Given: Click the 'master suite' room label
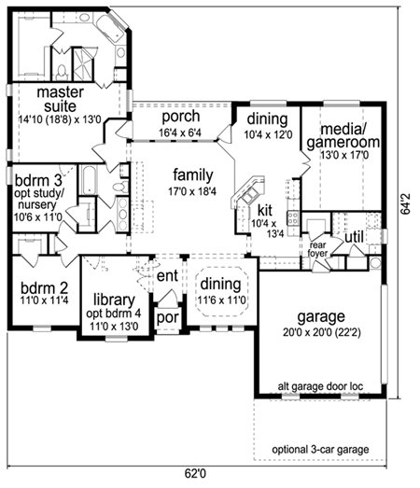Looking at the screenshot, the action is click(60, 99).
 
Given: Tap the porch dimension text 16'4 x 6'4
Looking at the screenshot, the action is click(180, 132).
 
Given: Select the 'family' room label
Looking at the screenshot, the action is click(193, 174).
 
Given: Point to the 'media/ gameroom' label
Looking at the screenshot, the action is click(343, 135).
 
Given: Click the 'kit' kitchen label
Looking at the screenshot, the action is click(265, 210).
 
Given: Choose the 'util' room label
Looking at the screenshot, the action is click(355, 237).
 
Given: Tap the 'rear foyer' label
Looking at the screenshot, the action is click(317, 249).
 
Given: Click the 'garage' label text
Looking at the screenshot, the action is click(321, 317).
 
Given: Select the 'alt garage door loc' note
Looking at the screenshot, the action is click(320, 386).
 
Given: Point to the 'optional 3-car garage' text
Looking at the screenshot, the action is click(320, 450).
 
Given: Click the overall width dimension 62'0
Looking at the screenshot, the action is click(195, 474).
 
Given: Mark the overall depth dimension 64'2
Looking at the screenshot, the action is click(406, 204).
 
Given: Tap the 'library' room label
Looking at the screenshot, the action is click(114, 300).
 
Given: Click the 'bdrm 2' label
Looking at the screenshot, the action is click(44, 288).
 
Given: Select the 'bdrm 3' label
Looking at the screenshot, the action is click(38, 180).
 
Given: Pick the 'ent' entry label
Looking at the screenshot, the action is click(167, 276).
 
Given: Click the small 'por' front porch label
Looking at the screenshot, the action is click(167, 318).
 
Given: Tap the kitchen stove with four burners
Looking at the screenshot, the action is click(293, 217).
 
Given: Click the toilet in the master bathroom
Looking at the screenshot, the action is click(62, 72).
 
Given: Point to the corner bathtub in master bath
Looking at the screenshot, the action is click(111, 26).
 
